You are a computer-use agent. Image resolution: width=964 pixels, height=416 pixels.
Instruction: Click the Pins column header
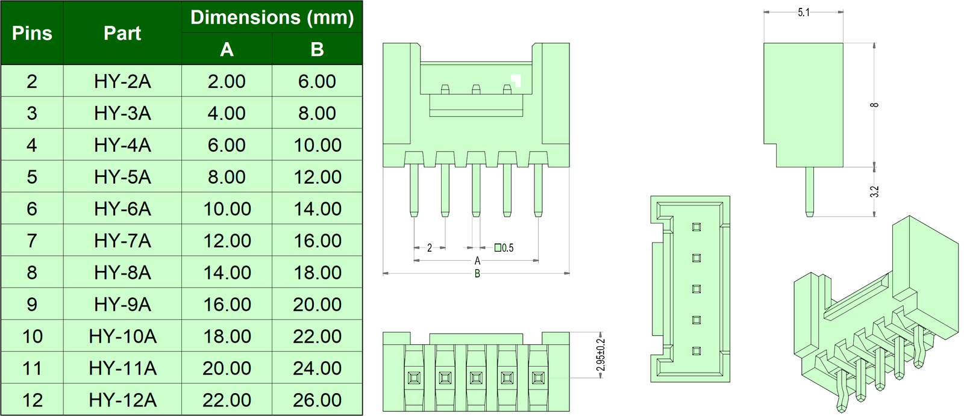click(x=32, y=33)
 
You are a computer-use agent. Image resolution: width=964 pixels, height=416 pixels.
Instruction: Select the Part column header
click(x=122, y=33)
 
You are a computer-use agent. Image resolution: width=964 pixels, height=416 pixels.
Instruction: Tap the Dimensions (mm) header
click(x=272, y=17)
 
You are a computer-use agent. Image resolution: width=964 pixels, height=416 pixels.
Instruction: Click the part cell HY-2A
click(x=122, y=81)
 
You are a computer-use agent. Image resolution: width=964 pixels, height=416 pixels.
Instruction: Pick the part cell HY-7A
click(x=122, y=241)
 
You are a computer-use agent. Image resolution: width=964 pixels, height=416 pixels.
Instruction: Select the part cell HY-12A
click(x=122, y=400)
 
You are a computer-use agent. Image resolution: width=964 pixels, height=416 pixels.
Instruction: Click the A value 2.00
click(x=227, y=81)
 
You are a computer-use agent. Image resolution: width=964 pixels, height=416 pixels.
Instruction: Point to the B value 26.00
click(x=317, y=400)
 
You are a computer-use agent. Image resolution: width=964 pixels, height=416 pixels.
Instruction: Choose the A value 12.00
click(x=227, y=241)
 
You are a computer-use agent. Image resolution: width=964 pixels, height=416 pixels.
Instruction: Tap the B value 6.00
click(x=317, y=81)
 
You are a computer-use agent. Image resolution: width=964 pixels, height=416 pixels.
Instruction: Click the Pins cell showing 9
click(x=32, y=305)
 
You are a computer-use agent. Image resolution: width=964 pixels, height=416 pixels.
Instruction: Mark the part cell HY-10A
click(x=122, y=336)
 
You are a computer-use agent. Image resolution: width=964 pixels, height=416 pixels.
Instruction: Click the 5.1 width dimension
click(x=804, y=13)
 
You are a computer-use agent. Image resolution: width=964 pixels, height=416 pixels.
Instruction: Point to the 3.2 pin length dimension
click(x=874, y=191)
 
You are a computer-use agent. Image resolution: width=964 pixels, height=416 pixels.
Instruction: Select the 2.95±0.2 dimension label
click(x=600, y=355)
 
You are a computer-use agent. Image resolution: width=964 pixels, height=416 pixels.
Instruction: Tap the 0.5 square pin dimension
click(x=505, y=247)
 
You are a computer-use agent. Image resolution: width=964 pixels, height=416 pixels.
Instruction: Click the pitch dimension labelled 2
click(x=430, y=247)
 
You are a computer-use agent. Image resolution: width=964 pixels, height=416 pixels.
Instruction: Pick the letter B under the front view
click(x=477, y=274)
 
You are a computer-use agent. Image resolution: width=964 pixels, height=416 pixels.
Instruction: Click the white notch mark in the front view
click(x=516, y=79)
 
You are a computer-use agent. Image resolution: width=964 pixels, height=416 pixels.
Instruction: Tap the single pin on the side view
click(x=809, y=191)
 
